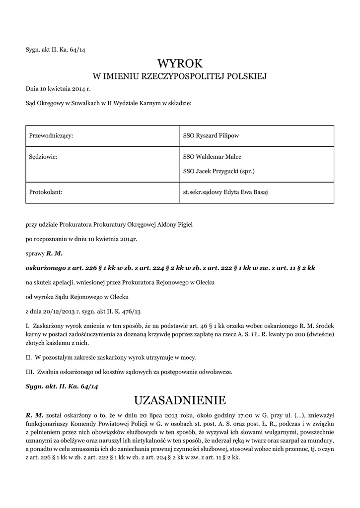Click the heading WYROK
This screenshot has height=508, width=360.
point(180,63)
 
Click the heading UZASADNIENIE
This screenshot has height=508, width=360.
point(180,400)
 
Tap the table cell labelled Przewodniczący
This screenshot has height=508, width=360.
point(52,136)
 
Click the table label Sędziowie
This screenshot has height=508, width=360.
point(44,157)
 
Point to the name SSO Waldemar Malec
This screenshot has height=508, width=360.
point(212,157)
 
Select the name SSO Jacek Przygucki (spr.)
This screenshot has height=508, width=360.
point(218,172)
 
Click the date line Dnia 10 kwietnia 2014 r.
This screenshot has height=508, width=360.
point(59,89)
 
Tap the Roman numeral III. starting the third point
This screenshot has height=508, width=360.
point(29,372)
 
